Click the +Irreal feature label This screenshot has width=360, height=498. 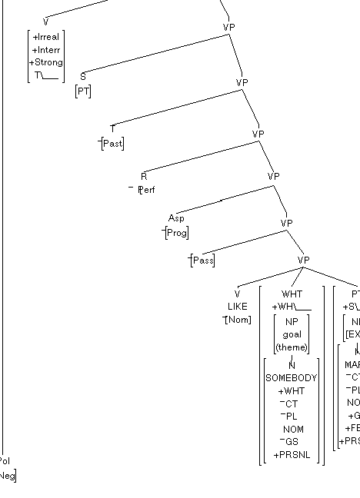46,37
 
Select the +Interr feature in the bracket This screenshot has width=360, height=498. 46,50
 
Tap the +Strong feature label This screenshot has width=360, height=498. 46,62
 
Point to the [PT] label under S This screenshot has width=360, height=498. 83,91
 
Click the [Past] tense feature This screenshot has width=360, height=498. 112,144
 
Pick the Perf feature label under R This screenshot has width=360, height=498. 146,189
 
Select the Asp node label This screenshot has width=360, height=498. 176,218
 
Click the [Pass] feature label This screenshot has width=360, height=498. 202,261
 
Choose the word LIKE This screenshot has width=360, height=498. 238,306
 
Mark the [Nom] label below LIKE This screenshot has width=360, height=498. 238,319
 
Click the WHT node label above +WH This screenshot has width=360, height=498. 292,294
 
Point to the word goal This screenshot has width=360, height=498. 292,335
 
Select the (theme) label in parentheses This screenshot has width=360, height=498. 292,347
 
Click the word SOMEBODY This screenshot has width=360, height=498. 292,378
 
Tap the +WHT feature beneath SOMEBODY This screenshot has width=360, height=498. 292,390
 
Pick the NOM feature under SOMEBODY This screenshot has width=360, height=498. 292,429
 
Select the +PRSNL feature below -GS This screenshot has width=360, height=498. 292,454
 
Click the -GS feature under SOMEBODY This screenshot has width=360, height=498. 292,442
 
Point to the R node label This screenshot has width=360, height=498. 144,176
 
